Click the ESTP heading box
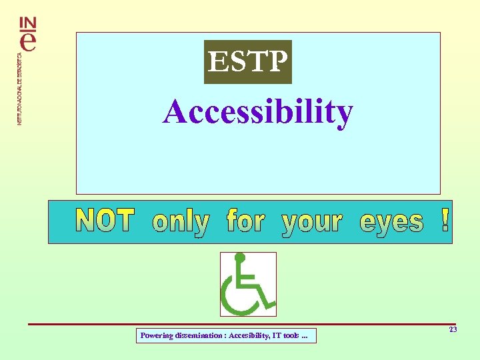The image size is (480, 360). point(248,62)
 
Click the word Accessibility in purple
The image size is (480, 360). point(258,112)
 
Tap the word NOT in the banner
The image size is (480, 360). point(105,221)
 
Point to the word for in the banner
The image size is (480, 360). point(245,221)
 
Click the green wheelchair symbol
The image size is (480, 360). point(248,285)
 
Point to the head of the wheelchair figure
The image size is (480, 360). point(240,257)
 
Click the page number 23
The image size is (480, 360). point(453,330)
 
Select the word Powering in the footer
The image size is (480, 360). point(155,336)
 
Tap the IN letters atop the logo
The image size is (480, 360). point(28,23)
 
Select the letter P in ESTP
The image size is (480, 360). point(279,62)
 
